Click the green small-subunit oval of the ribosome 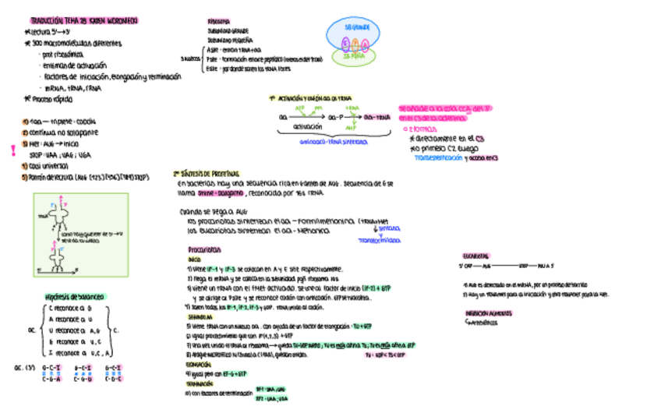coord(355,55)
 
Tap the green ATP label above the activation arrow coord(299,108)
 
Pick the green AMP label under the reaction coord(348,129)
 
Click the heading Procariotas coord(203,249)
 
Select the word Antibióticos coord(483,320)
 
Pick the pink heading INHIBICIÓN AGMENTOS coord(487,312)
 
